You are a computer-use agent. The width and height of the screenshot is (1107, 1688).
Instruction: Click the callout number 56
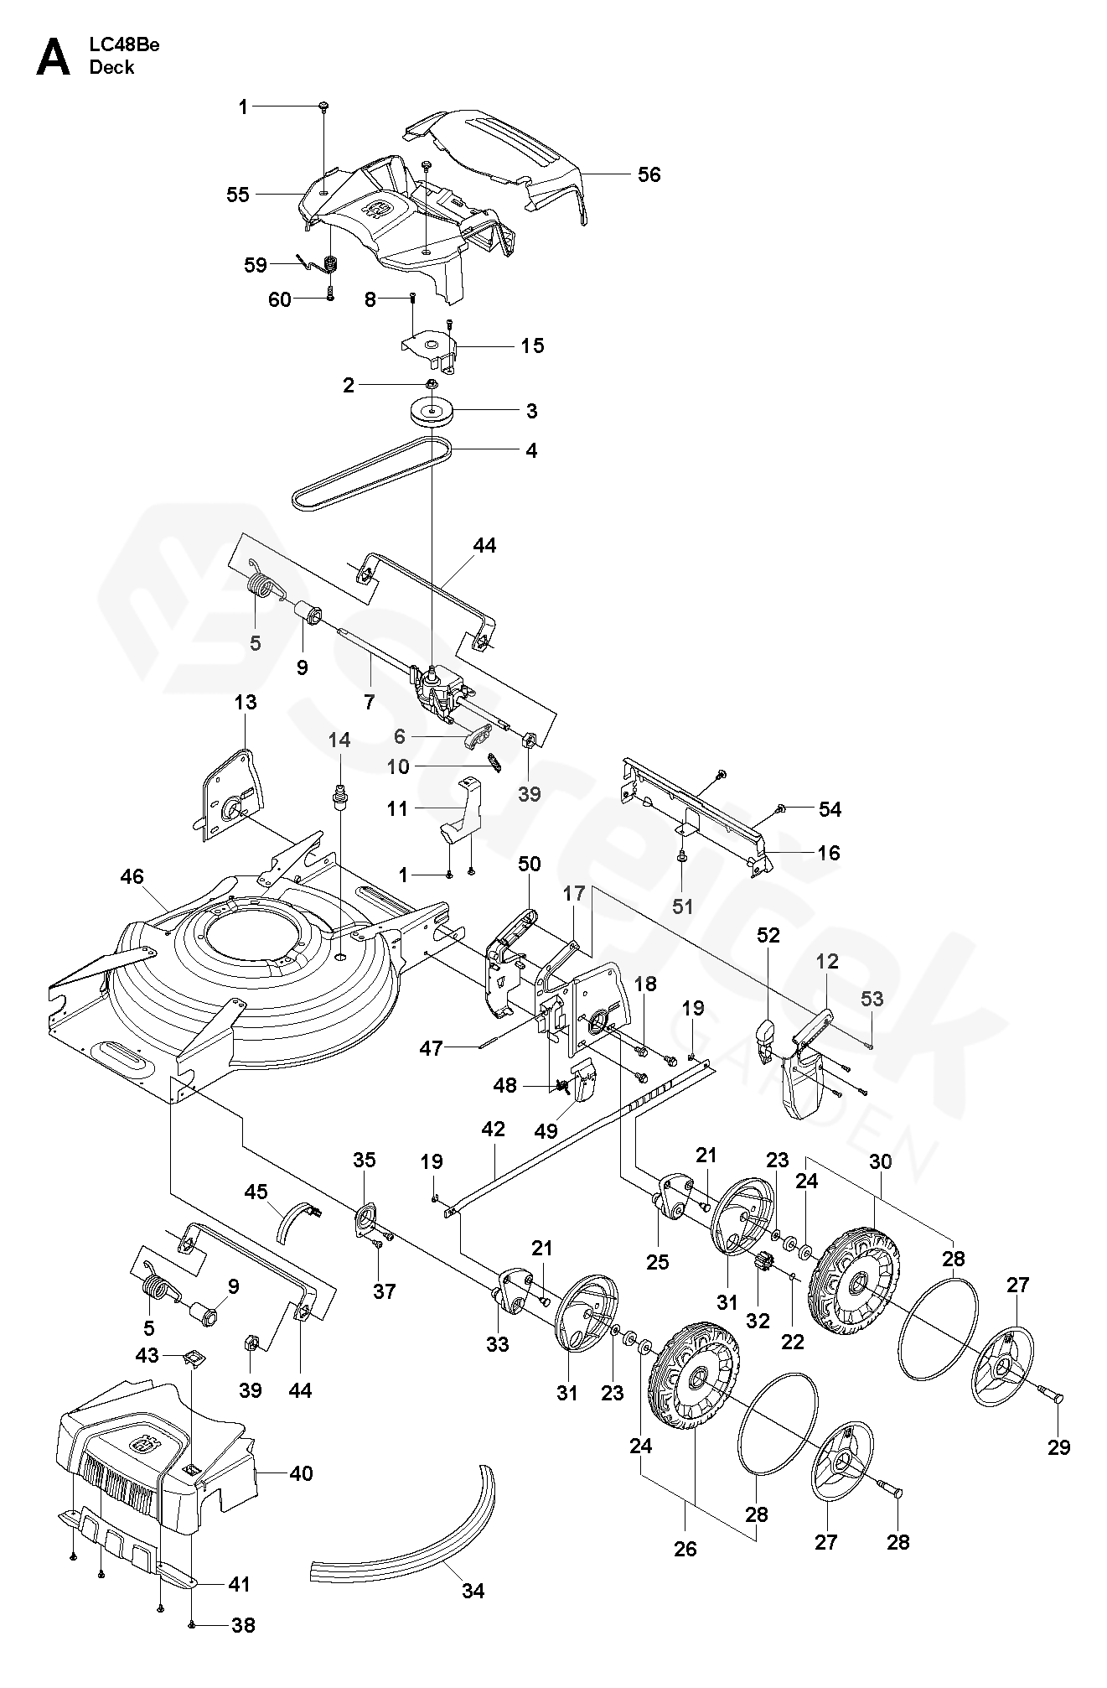click(649, 174)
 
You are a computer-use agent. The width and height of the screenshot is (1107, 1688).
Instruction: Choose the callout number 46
click(132, 877)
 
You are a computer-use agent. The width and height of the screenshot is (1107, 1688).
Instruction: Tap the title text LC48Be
click(124, 45)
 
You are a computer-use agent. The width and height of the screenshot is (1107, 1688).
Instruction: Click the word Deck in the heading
click(111, 67)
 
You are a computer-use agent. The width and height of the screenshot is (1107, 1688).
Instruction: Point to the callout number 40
click(301, 1472)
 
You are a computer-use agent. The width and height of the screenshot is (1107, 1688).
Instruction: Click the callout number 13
click(246, 701)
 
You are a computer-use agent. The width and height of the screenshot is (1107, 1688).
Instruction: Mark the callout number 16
click(829, 853)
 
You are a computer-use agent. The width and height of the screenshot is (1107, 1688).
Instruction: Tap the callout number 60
click(280, 299)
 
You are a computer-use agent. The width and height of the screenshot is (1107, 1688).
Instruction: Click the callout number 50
click(530, 864)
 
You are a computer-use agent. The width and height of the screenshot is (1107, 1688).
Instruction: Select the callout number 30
click(881, 1161)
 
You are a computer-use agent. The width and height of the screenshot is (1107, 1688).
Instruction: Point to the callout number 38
click(243, 1625)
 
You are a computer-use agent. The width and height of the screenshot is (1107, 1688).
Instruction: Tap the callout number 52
click(768, 935)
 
